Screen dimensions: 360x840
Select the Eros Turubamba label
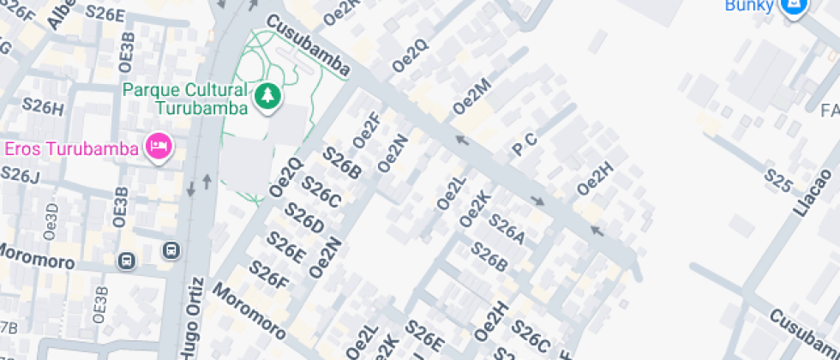point(71,148)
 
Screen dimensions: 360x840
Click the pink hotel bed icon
point(159,147)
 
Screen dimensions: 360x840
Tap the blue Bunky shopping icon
point(794,7)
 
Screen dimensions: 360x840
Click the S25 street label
point(777,180)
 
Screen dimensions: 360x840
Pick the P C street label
point(525,145)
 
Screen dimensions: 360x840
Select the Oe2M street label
point(471,96)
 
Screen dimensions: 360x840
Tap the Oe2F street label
point(367,129)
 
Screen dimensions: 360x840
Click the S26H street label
point(43,106)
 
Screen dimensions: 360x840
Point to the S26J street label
point(20,174)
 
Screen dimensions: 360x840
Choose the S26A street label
point(506,228)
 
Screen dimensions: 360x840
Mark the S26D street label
point(304,218)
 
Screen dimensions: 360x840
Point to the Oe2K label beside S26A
point(474,209)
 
